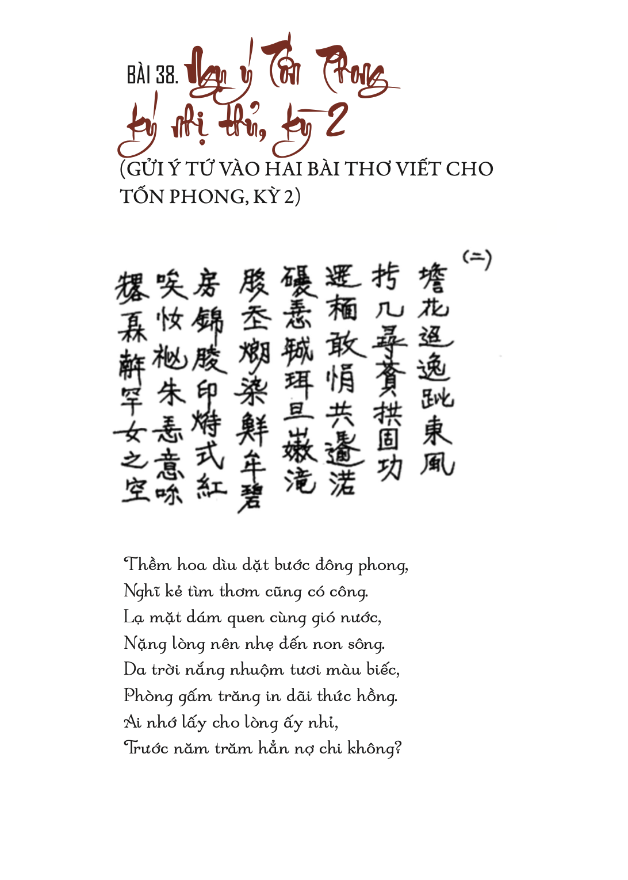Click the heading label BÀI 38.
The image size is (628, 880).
152,75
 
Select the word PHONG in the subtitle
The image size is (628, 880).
208,197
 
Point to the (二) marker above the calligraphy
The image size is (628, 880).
477,259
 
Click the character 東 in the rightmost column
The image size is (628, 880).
436,431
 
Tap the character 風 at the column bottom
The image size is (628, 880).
436,464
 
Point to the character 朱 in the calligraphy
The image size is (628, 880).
171,393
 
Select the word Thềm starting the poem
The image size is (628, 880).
148,565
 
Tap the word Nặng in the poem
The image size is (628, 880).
145,644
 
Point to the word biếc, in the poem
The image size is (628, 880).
383,669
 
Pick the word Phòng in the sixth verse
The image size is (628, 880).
148,696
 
